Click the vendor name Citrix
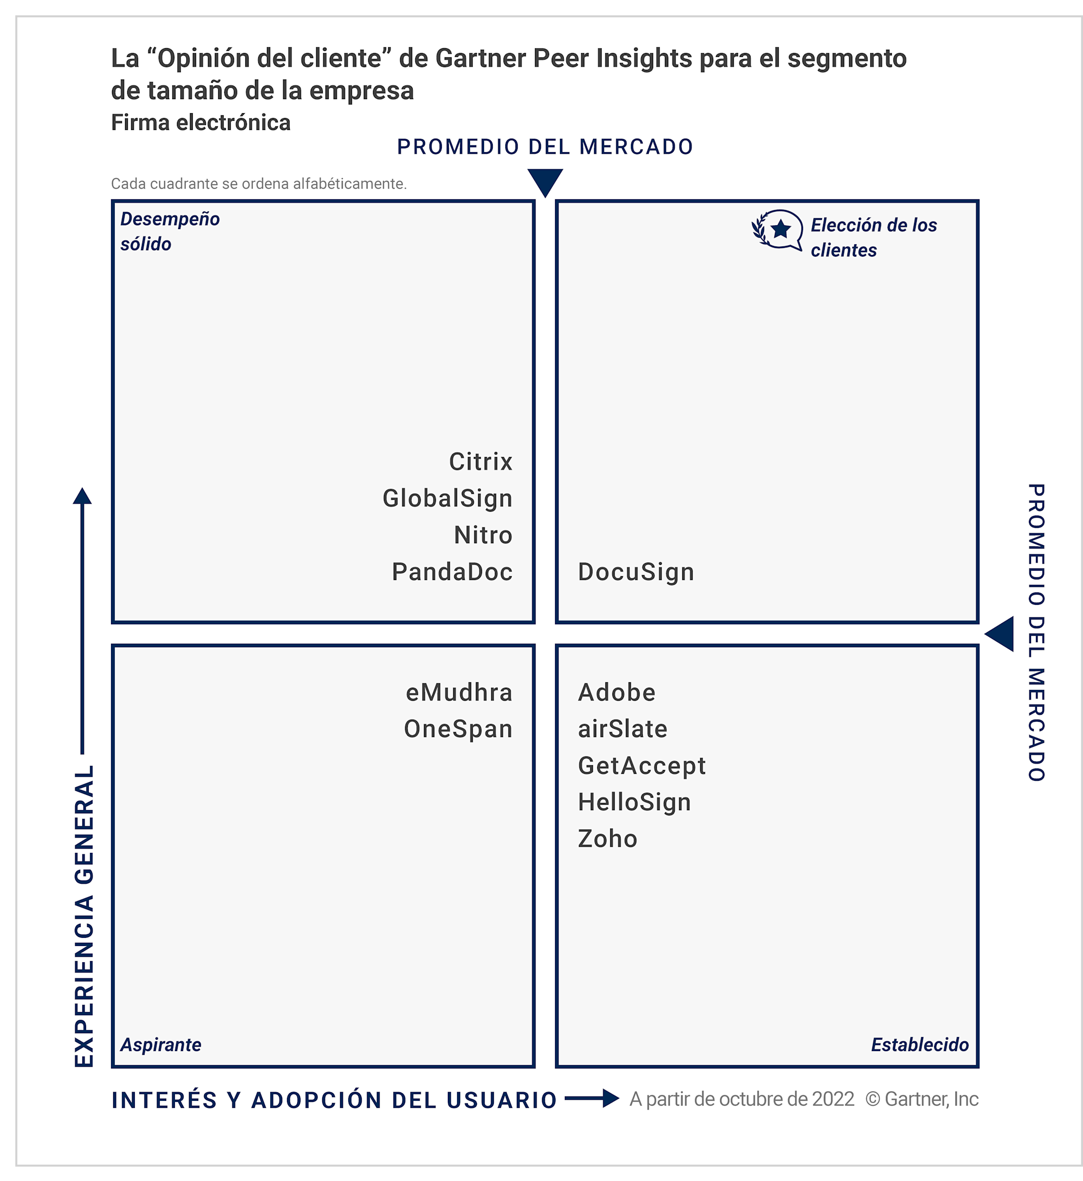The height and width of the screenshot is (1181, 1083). (480, 462)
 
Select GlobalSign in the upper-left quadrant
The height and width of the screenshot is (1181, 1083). (447, 499)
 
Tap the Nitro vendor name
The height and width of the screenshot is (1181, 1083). (483, 535)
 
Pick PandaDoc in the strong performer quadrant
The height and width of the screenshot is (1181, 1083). (452, 572)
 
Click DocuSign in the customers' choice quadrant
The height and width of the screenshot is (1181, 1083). (636, 572)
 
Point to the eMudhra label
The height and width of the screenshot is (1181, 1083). (459, 693)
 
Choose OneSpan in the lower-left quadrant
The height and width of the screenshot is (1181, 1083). (458, 729)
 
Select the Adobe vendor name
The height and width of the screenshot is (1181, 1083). (617, 693)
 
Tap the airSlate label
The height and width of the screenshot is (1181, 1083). (622, 729)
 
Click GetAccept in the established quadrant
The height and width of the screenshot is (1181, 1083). (642, 766)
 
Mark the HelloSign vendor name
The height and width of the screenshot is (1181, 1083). (634, 802)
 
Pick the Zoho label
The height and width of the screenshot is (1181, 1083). (607, 839)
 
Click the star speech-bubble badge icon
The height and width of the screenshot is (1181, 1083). (778, 230)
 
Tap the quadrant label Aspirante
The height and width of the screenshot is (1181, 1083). (161, 1045)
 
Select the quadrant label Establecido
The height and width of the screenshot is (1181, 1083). (919, 1045)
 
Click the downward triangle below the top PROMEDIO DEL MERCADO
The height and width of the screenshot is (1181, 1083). (545, 181)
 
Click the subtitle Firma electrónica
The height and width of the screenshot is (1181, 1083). (200, 122)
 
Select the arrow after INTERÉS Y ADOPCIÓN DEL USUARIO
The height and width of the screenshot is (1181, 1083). (592, 1098)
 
